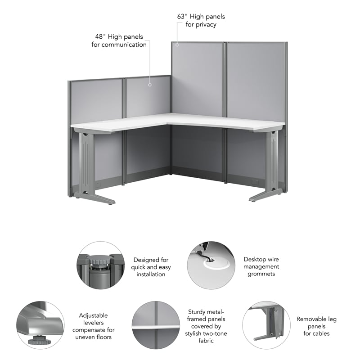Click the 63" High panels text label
201,17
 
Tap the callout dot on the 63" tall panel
177,44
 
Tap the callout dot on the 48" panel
150,83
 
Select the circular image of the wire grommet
211,265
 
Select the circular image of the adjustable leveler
40,325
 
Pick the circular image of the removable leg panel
266,325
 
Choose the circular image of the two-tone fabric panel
155,325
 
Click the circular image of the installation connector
99,265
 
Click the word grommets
261,274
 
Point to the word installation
151,274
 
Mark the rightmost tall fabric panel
256,81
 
